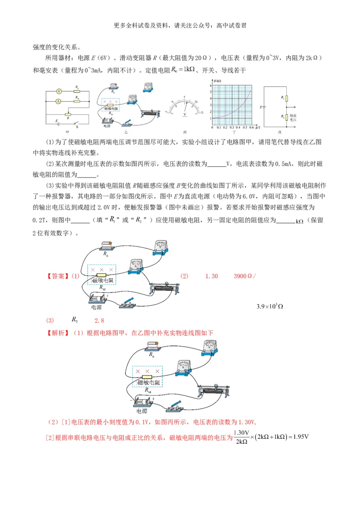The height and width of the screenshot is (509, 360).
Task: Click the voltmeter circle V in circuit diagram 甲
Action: [x=58, y=91]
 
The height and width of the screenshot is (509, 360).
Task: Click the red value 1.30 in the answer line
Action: [x=211, y=276]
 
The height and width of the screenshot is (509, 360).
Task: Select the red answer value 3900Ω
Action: [x=243, y=276]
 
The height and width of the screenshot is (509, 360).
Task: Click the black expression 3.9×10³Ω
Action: [x=270, y=307]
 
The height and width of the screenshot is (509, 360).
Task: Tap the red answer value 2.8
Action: [x=99, y=321]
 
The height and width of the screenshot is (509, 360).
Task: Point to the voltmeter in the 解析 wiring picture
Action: [x=208, y=348]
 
